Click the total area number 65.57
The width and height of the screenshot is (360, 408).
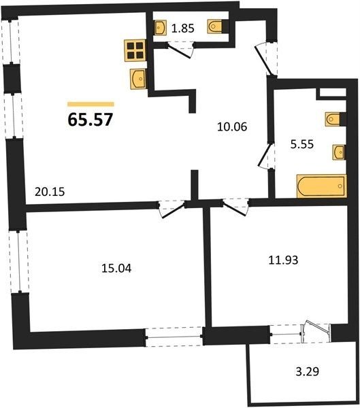tap(91, 120)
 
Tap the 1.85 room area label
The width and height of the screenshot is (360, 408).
tap(183, 28)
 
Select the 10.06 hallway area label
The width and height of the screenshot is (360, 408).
tap(232, 126)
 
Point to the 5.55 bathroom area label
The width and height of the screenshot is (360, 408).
tap(302, 144)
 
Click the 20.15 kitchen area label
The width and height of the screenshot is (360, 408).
tap(50, 192)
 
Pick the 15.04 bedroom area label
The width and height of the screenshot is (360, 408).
tap(116, 269)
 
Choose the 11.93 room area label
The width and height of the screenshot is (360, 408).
tap(283, 260)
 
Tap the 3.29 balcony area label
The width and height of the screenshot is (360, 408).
tap(308, 371)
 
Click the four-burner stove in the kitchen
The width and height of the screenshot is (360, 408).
tap(135, 50)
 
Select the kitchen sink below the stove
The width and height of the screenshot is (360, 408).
tap(138, 79)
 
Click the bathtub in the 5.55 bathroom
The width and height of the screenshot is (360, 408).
tap(322, 186)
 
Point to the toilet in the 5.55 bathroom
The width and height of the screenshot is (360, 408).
tap(333, 120)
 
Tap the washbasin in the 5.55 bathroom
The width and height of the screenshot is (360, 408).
tap(338, 152)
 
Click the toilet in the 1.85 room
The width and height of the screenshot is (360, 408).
tap(215, 27)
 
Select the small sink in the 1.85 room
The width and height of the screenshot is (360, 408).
tap(160, 28)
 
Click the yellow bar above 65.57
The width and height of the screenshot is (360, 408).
tap(91, 104)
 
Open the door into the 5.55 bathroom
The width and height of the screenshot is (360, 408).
tap(265, 156)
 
